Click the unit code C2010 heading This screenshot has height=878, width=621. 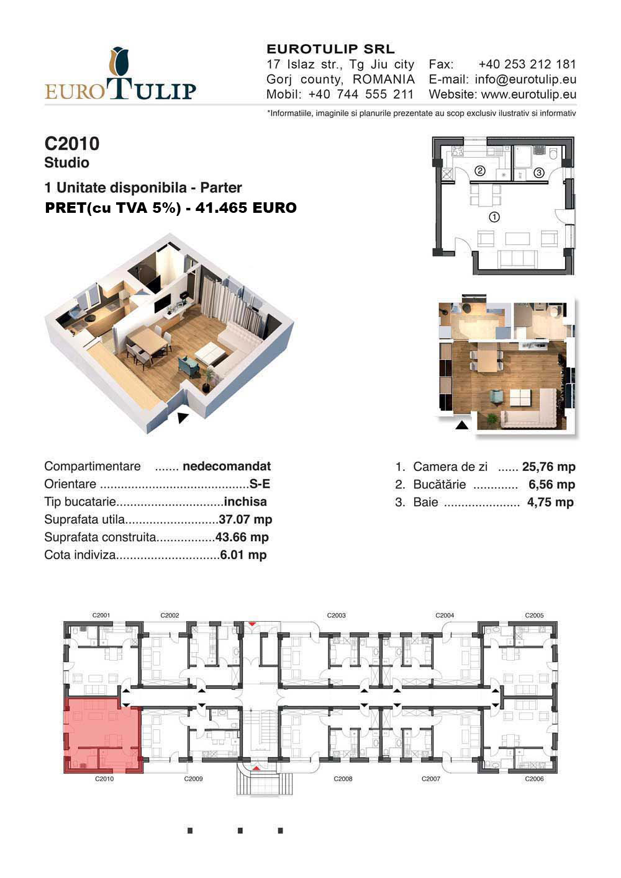tap(72, 143)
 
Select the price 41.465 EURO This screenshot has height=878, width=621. tap(246, 208)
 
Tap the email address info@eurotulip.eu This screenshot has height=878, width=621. tap(525, 79)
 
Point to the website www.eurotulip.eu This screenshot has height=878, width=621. tap(528, 94)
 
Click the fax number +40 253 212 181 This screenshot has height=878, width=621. tap(527, 65)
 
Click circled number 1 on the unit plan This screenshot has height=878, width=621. tap(494, 217)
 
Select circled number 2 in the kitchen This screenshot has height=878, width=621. tap(480, 171)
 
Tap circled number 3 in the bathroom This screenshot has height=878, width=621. tap(539, 172)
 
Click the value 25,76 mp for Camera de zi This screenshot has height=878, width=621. tap(548, 467)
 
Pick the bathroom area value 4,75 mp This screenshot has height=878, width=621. tap(550, 502)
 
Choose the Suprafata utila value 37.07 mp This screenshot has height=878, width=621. tap(245, 519)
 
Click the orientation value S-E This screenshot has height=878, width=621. tap(260, 484)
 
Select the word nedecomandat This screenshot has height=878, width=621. tap(227, 466)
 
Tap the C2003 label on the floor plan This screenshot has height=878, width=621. tap(336, 615)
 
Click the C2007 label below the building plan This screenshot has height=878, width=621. tap(431, 779)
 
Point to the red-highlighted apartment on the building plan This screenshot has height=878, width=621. tap(102, 735)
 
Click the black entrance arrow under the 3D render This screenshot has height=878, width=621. tap(183, 418)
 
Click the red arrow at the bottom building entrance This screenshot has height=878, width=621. tap(256, 768)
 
